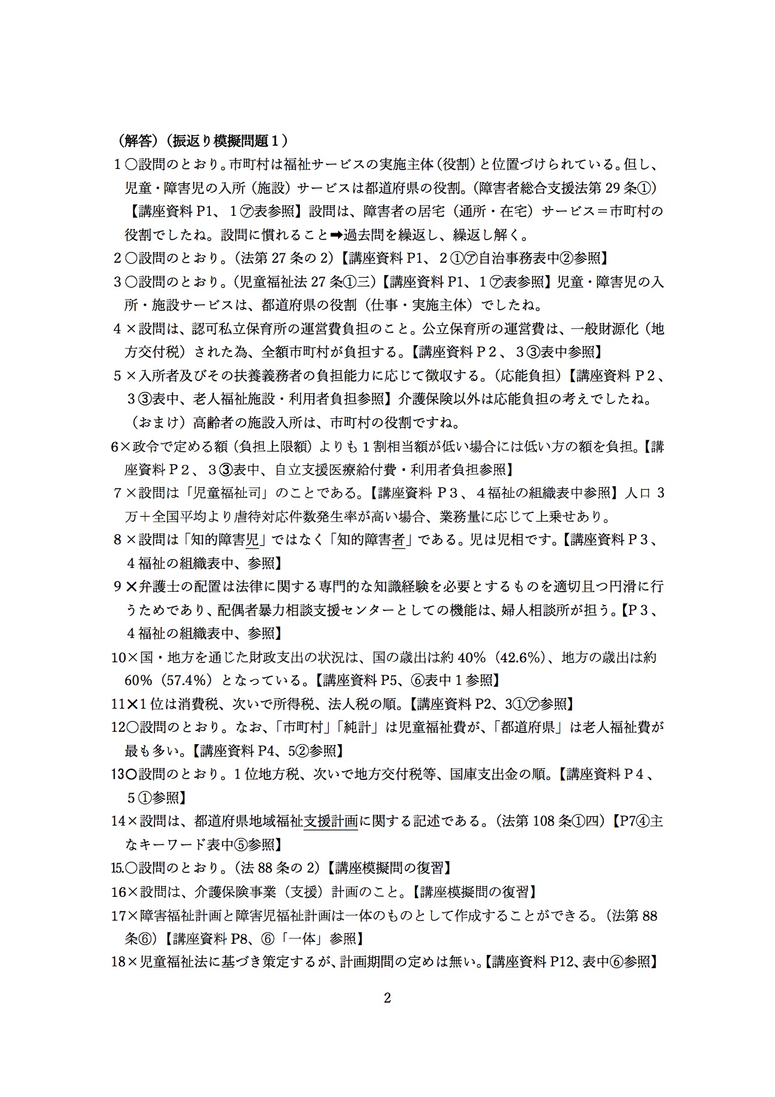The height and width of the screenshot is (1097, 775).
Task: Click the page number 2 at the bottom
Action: coord(387,998)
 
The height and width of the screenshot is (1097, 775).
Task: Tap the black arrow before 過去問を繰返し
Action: coord(337,236)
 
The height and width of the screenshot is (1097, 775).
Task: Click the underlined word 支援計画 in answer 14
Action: coord(331,821)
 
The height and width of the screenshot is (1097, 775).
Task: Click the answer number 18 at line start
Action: coord(118,962)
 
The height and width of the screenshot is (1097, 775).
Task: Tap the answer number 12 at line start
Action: coord(118,727)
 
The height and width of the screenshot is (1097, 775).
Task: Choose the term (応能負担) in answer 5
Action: coord(530,376)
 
